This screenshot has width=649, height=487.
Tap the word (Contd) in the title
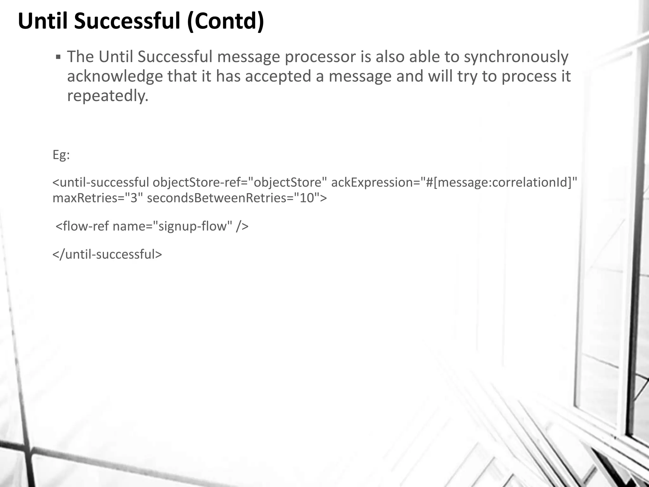coord(225,21)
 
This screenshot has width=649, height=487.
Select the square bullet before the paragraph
coord(58,57)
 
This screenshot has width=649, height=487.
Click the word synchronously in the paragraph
coord(516,57)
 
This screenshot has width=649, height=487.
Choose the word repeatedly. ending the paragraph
coord(108,96)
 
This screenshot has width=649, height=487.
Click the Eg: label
coord(61,155)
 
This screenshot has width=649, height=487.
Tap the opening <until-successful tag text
coord(100,182)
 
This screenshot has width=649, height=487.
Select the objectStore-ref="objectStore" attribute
coord(240,182)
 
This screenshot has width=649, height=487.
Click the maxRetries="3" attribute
coord(98,198)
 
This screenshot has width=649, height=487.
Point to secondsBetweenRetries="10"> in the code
coord(237,198)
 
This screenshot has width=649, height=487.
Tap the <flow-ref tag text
coord(82,226)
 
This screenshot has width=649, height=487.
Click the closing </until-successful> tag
coord(107,254)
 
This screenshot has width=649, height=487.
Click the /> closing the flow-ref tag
coord(242,226)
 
